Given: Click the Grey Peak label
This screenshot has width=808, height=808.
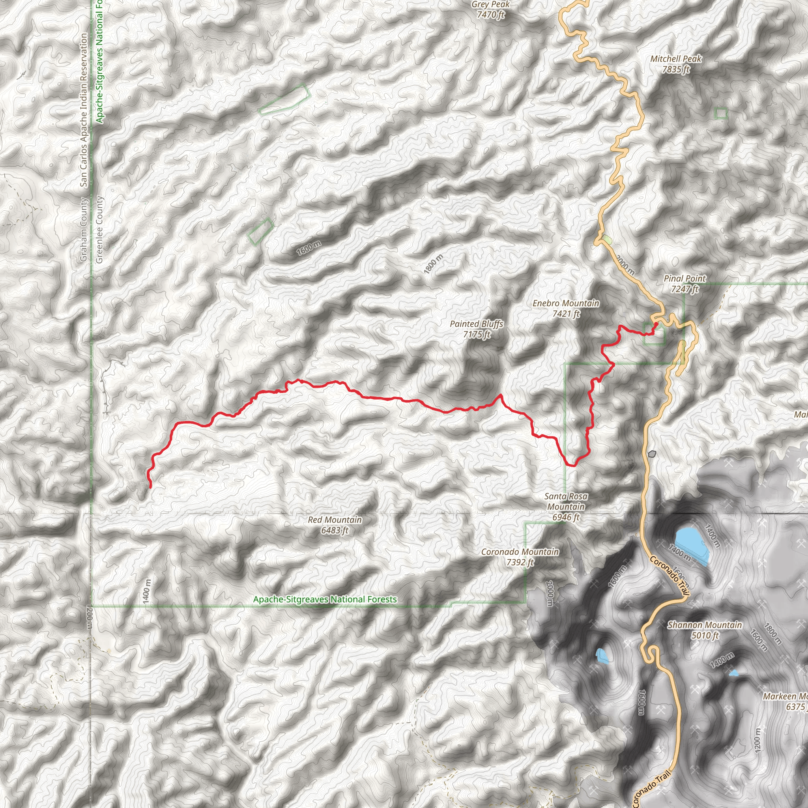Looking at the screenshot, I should (x=490, y=9).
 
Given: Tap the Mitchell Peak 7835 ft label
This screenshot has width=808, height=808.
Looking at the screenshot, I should (x=675, y=64).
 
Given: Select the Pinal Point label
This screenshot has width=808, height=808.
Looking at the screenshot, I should (x=685, y=284).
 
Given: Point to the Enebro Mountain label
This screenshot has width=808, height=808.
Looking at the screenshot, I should (x=566, y=308).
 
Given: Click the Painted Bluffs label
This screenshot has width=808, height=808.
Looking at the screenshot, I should (x=476, y=329).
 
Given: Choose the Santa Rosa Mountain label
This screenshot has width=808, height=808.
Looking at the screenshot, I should (x=566, y=507).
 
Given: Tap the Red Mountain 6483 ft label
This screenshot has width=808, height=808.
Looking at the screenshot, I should (x=335, y=525).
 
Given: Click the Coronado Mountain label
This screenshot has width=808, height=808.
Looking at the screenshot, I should (x=520, y=557).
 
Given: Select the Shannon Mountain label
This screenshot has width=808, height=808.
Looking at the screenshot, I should (x=705, y=630).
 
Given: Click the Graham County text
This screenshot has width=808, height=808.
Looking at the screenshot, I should (x=84, y=230).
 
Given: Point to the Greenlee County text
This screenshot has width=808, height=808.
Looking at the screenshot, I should (x=99, y=230).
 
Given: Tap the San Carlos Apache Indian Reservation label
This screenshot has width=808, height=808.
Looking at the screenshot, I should (x=84, y=111).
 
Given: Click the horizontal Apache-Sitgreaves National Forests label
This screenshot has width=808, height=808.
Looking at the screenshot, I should (x=325, y=599).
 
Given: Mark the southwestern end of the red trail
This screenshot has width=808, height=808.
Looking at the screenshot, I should (x=151, y=487).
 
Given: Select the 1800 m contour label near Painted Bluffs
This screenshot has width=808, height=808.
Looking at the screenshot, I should (x=433, y=264).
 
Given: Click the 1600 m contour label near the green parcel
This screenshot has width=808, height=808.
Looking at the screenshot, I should (x=309, y=249).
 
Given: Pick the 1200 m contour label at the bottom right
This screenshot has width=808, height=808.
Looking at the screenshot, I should (x=758, y=740).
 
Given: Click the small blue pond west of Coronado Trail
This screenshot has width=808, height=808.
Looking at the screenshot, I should (x=602, y=656).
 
